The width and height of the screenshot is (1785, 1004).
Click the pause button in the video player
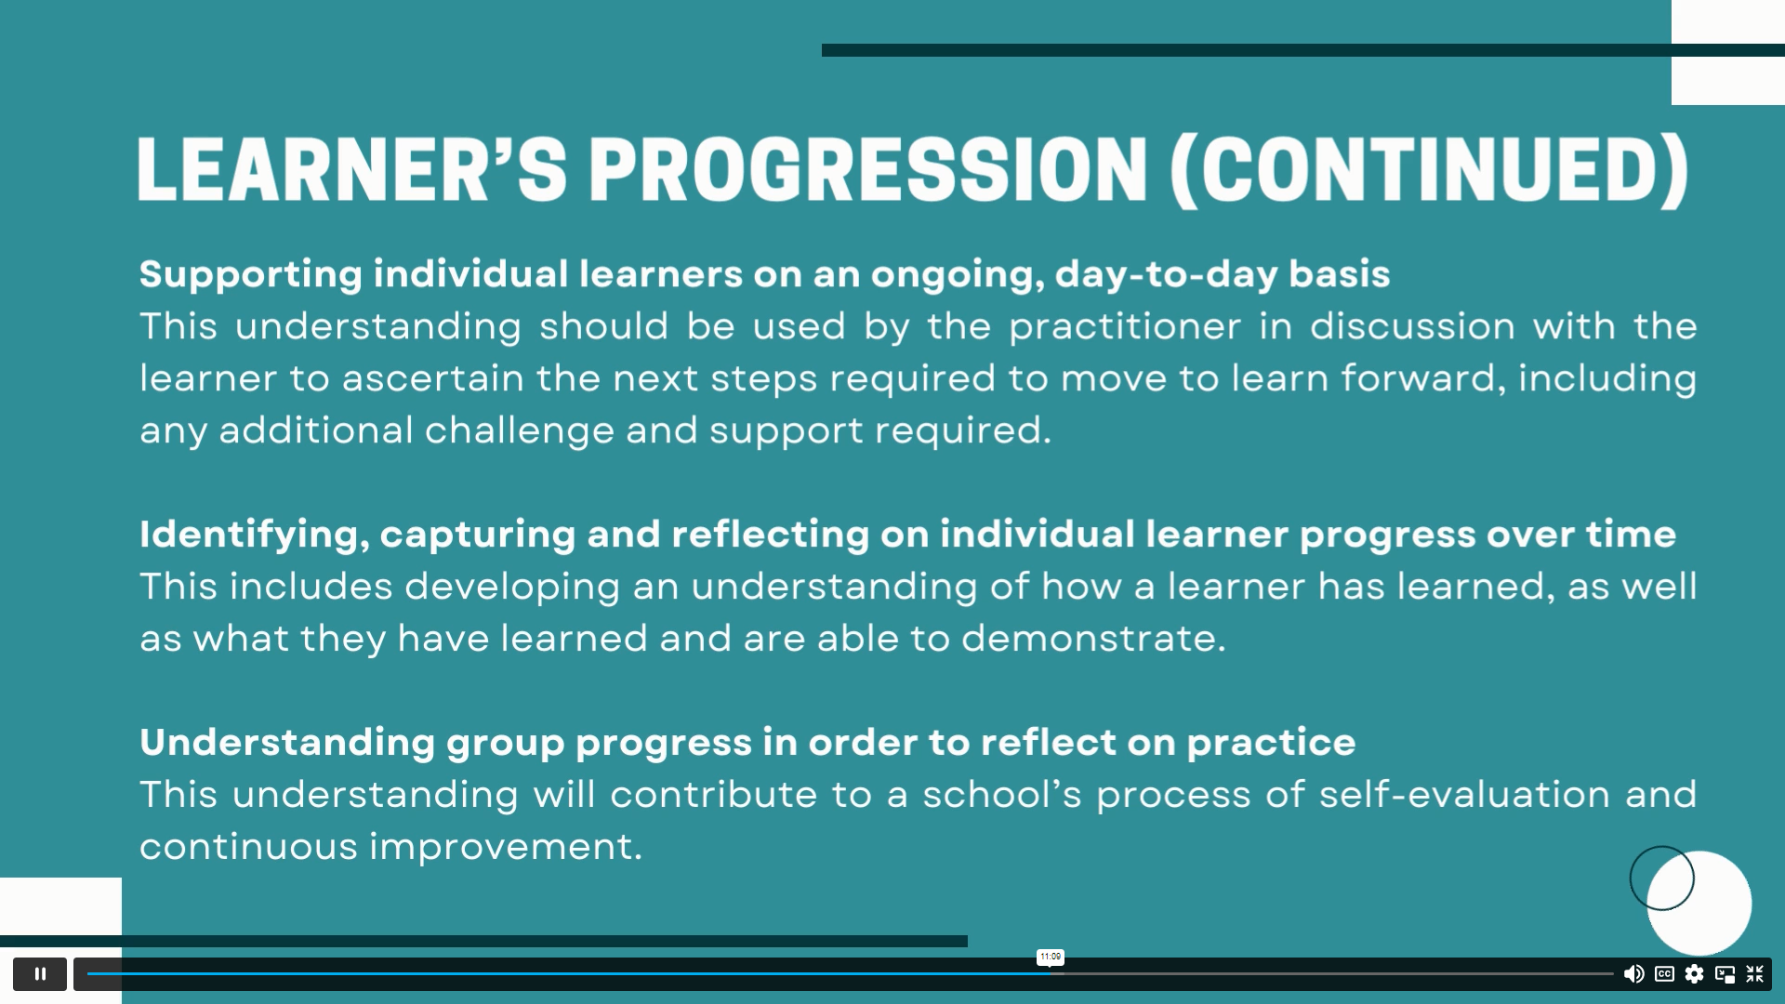tap(40, 973)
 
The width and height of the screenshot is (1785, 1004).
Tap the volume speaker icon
tap(1633, 973)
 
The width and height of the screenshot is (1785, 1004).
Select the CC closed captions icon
tap(1664, 973)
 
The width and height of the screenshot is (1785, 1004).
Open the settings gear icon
tap(1695, 973)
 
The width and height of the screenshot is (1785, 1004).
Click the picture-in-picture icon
tap(1725, 974)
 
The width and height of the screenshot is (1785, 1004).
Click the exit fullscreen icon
tap(1755, 973)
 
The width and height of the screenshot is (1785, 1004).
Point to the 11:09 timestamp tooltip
tap(1051, 957)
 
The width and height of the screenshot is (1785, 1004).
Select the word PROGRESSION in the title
tap(869, 169)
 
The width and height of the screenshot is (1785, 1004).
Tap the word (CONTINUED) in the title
tap(1431, 171)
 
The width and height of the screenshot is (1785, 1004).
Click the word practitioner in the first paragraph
tap(1125, 327)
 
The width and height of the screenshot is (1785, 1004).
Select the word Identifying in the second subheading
tap(255, 535)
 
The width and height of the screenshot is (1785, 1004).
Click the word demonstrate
tap(1093, 639)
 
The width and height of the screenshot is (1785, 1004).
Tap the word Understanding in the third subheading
tap(287, 743)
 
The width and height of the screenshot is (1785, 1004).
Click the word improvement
tap(506, 848)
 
